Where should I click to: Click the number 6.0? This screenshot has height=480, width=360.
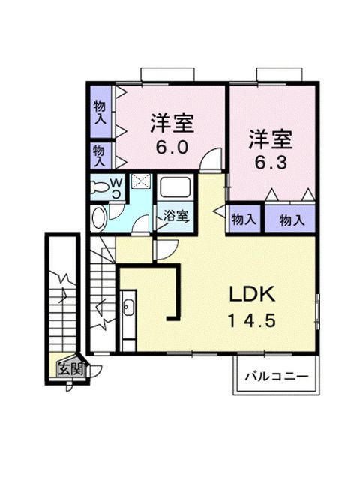point(172,148)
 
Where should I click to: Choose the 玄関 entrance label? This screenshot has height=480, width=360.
point(73,368)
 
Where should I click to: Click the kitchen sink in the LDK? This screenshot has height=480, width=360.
point(128,308)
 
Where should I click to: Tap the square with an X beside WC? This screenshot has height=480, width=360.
point(140,181)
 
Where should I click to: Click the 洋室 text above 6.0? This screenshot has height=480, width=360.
point(172,121)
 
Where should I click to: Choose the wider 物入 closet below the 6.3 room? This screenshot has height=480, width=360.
point(291,220)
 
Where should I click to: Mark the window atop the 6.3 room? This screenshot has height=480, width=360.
point(279,75)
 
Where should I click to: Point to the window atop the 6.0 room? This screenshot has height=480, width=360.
point(168,75)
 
